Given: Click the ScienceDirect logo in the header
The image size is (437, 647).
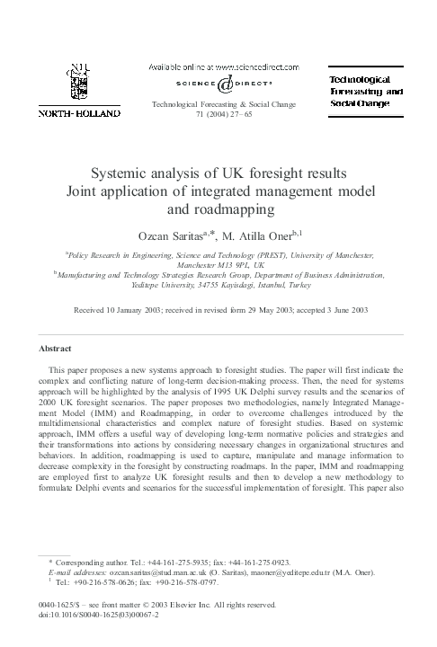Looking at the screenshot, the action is tap(219, 84).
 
